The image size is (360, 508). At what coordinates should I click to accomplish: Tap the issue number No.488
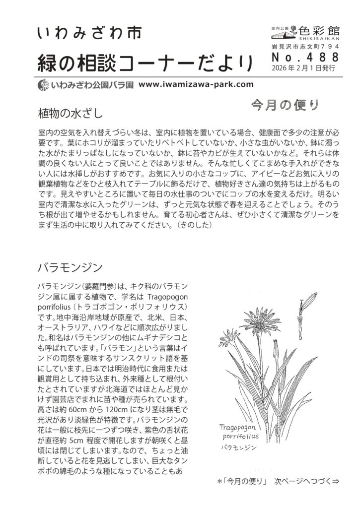point(305,58)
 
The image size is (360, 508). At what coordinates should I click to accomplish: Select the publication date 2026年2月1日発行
point(304,68)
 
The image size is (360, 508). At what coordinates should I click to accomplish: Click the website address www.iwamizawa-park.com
point(196,84)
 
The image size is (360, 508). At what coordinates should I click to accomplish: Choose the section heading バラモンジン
point(70,268)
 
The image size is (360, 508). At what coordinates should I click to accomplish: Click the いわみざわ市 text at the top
point(89,33)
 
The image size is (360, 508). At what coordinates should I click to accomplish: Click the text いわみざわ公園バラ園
point(92,85)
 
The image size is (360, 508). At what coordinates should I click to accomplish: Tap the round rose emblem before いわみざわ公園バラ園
point(43,85)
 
